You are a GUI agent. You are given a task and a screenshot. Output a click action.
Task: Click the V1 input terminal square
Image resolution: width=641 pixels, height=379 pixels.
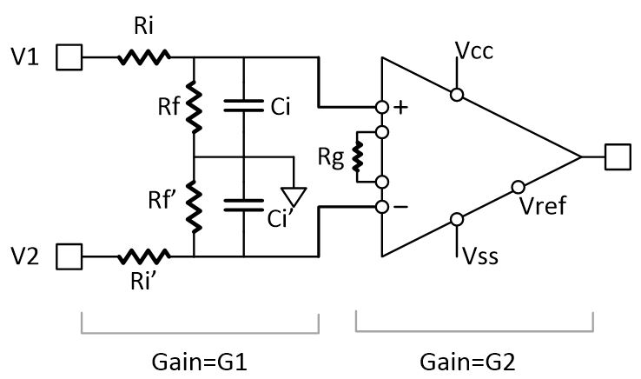[x=69, y=58]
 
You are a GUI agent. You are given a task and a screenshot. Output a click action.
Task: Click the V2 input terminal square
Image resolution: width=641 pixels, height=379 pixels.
[x=69, y=256]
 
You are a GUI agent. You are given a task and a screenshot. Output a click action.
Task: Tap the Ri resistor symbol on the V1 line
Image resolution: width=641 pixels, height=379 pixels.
[x=143, y=58]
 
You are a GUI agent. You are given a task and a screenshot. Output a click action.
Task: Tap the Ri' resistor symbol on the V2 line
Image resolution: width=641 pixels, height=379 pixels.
[x=143, y=256]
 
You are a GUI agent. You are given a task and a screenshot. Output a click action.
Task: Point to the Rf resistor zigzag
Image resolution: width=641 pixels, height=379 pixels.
[x=193, y=106]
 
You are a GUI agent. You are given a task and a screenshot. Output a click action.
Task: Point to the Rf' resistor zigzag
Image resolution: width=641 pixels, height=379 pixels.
[x=193, y=207]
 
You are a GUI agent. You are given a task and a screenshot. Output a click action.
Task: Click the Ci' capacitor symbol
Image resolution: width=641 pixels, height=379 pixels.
[x=244, y=207]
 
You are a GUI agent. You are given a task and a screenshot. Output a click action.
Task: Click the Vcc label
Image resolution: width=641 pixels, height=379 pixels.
[x=473, y=49]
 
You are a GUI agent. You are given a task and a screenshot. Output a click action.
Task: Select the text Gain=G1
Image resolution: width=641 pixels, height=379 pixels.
[x=201, y=359]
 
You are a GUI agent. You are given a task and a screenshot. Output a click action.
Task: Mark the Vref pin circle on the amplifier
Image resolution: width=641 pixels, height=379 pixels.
[x=518, y=187]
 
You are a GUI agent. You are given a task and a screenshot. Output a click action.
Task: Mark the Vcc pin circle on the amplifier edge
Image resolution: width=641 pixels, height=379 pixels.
[x=455, y=92]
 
